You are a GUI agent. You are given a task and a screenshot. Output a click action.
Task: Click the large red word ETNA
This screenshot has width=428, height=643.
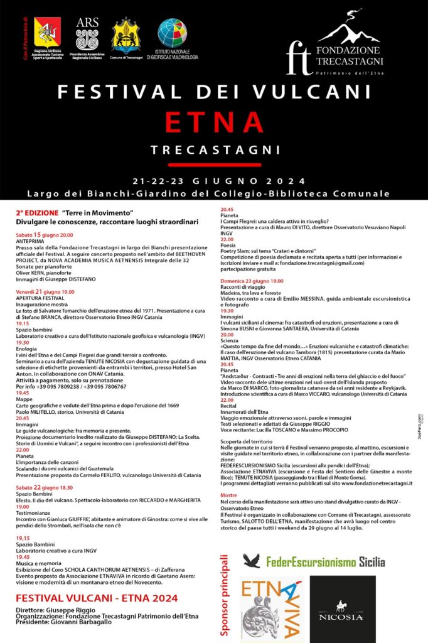tap(214, 122)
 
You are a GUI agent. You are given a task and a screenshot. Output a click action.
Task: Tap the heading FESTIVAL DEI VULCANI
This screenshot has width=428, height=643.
tap(214, 92)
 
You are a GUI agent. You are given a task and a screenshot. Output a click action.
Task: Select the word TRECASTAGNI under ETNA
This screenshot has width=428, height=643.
tap(214, 150)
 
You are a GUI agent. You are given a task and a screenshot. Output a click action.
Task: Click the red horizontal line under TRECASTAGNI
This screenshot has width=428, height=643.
tap(214, 165)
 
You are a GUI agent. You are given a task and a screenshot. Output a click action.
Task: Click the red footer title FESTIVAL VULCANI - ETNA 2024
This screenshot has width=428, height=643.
tap(97, 598)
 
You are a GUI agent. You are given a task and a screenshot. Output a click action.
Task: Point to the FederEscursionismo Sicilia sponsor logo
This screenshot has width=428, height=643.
tap(314, 561)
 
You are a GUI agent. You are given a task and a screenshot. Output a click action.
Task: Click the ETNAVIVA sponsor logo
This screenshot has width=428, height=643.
tap(271, 609)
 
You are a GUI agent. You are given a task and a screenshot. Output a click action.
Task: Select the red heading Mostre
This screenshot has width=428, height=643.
tap(228, 495)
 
